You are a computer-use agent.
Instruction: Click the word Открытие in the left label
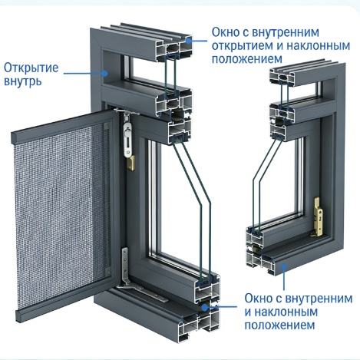[x=31, y=68]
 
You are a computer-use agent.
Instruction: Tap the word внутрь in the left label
[x=22, y=82]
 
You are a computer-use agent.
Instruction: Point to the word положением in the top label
[x=247, y=59]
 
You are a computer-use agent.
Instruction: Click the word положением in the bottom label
[x=279, y=325]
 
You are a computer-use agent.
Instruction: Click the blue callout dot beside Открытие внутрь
[x=104, y=74]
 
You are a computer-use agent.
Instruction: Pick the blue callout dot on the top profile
[x=189, y=40]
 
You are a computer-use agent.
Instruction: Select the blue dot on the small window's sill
[x=284, y=267]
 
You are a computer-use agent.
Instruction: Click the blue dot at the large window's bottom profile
[x=204, y=307]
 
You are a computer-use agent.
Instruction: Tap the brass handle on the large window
[x=131, y=163]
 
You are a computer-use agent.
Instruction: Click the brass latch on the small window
[x=318, y=216]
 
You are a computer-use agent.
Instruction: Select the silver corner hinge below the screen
[x=125, y=266]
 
